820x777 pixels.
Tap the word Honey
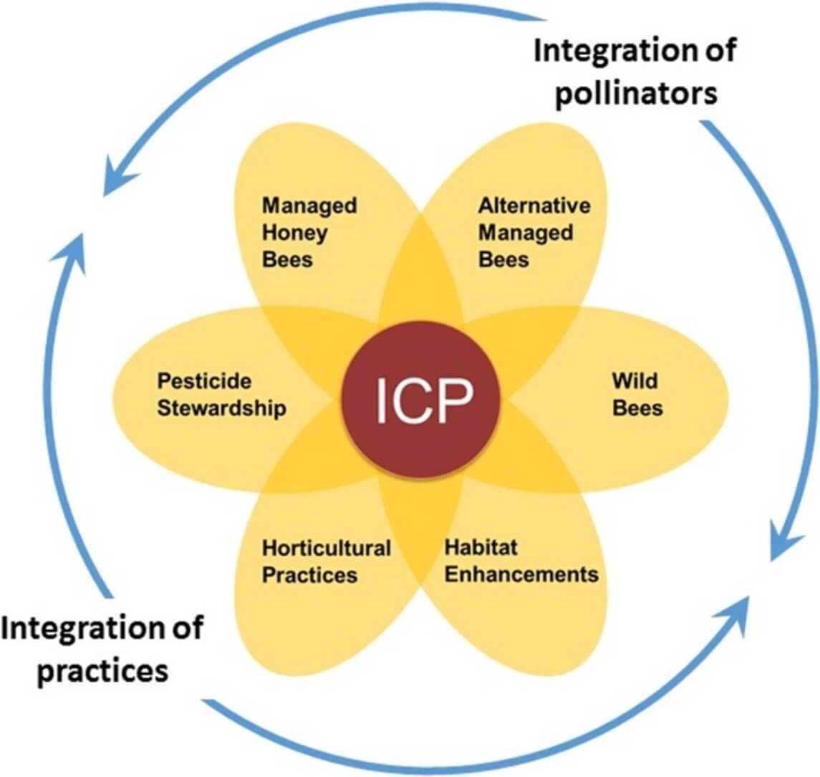(294, 233)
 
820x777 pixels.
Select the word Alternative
(534, 206)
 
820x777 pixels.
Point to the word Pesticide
(204, 380)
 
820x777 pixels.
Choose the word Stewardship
(221, 408)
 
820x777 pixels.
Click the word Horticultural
(326, 549)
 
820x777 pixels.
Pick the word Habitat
(481, 547)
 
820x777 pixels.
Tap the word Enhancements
(521, 574)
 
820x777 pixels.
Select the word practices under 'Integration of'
(102, 671)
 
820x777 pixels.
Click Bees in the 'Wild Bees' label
(637, 408)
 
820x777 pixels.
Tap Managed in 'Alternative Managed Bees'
(526, 233)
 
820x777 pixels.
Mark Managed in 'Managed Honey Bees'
(309, 206)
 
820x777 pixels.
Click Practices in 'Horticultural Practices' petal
(309, 575)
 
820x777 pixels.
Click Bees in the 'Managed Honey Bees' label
(287, 259)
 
